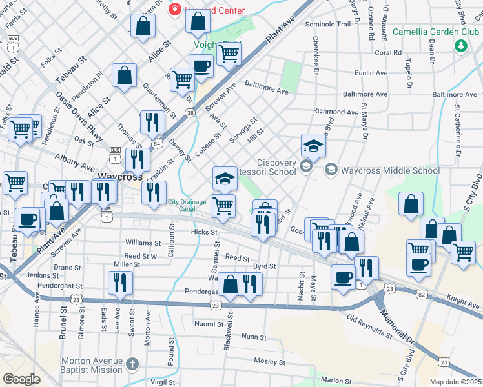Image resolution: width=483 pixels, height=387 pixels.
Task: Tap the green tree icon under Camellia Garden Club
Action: click(461, 46)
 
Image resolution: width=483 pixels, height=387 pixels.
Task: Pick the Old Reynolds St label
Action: click(369, 327)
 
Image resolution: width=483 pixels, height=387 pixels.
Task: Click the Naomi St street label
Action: click(209, 324)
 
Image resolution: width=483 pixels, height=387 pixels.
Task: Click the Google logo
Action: click(21, 379)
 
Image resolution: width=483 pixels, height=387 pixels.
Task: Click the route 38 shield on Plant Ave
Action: click(190, 112)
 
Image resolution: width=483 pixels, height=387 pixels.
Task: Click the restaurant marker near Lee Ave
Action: click(120, 283)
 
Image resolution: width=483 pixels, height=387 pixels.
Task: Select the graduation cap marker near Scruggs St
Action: click(313, 145)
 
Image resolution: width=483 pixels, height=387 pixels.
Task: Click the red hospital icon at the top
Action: click(174, 9)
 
